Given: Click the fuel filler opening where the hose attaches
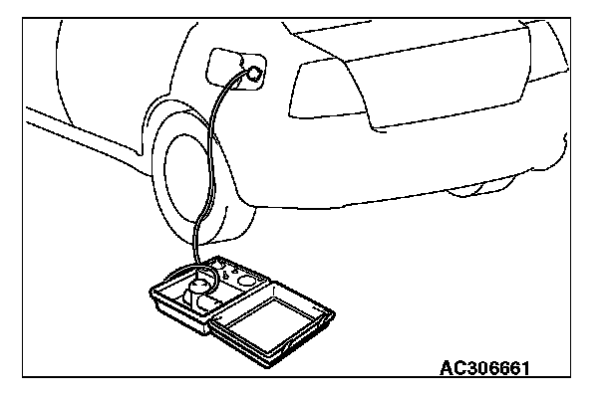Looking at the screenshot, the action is (x=256, y=72).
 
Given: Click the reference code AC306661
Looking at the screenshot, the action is (x=484, y=368).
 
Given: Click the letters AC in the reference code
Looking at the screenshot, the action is (x=452, y=368).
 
